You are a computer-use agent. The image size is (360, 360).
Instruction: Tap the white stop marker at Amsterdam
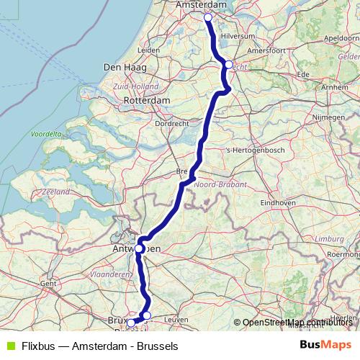pos(208,17)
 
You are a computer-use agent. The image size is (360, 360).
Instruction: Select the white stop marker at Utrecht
pos(228,65)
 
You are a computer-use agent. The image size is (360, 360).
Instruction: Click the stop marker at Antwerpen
pos(139,248)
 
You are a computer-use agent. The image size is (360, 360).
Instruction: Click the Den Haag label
pos(125,67)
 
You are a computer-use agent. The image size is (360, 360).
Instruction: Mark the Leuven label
pos(176,318)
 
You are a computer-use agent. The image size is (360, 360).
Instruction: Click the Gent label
pos(48,284)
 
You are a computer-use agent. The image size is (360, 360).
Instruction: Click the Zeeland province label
pos(55,192)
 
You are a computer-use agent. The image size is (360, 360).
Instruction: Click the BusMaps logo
pos(325,346)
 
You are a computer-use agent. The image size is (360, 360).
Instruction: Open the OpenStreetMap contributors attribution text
pos(295,323)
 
